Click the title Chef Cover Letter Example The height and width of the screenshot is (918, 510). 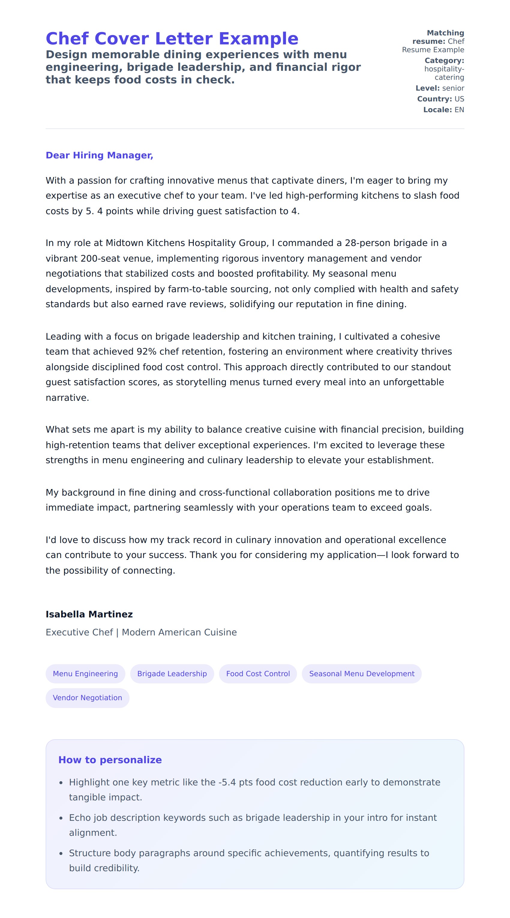click(172, 38)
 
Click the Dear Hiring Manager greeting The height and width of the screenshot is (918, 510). click(99, 155)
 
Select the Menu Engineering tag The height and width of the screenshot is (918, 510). click(85, 673)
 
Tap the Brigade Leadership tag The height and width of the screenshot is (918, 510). click(172, 673)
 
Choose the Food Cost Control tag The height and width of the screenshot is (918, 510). click(258, 673)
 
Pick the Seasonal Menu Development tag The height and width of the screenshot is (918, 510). click(361, 673)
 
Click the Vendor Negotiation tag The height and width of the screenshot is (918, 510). click(87, 697)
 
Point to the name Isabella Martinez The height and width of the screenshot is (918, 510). click(89, 614)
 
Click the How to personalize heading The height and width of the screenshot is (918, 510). click(110, 760)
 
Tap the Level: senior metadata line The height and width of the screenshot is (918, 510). click(439, 88)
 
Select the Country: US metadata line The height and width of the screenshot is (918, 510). click(440, 99)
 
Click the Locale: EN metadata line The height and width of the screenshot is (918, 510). click(443, 110)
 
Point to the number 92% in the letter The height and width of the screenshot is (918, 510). click(146, 352)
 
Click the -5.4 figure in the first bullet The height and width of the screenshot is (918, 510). click(227, 782)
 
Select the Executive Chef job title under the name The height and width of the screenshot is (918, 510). click(79, 632)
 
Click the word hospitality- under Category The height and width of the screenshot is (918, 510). click(444, 69)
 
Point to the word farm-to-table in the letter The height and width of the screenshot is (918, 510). click(197, 289)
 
